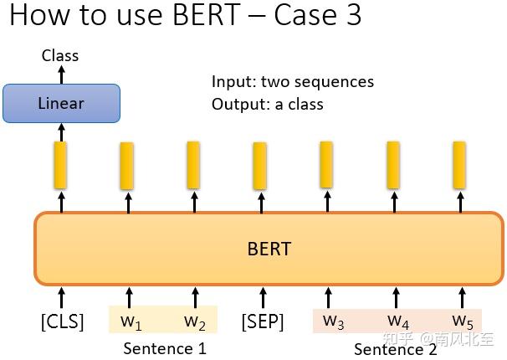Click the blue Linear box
click(61, 104)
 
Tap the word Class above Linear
click(60, 56)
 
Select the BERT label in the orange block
click(269, 249)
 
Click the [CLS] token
click(62, 321)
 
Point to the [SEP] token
click(263, 321)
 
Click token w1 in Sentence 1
click(131, 321)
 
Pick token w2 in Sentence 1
click(195, 321)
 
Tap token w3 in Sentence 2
click(333, 321)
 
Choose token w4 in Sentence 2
click(398, 321)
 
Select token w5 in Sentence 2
click(463, 321)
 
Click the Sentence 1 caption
click(164, 348)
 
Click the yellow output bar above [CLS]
click(61, 165)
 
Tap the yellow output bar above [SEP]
click(260, 166)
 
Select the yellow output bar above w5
click(459, 165)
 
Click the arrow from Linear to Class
click(61, 74)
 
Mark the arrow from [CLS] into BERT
click(61, 296)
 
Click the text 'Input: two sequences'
click(293, 82)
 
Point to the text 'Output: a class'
click(268, 104)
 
